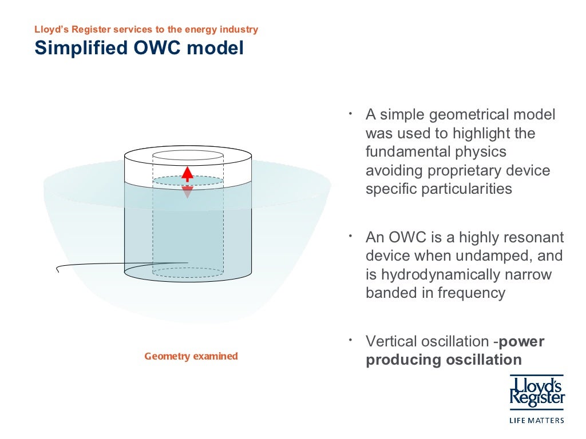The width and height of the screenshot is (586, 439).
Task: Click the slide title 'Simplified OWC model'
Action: [x=139, y=48]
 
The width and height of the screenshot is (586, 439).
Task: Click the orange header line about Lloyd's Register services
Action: [x=146, y=29]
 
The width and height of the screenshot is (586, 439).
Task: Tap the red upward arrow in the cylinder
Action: [x=187, y=174]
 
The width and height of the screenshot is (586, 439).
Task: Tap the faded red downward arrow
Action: [x=187, y=191]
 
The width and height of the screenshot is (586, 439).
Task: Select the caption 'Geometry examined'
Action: [x=191, y=356]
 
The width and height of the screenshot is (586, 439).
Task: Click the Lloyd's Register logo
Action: [x=537, y=393]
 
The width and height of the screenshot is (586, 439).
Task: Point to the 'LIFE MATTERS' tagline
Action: [x=536, y=420]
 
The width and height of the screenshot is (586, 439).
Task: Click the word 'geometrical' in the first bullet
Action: [x=462, y=115]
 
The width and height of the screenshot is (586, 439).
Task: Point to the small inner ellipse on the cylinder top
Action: [x=187, y=155]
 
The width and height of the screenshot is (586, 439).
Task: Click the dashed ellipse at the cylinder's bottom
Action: [x=187, y=273]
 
